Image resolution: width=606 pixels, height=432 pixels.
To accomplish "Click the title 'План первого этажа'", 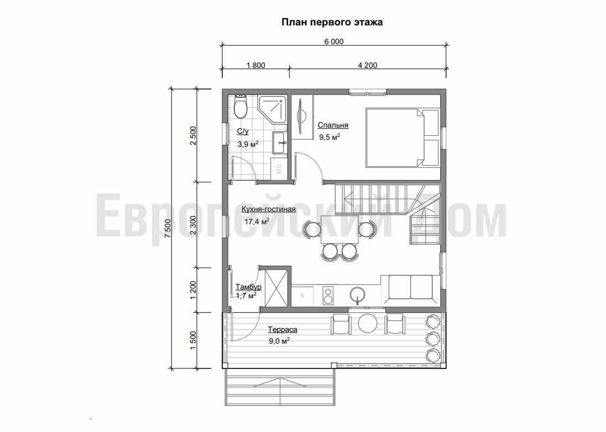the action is click(x=332, y=22).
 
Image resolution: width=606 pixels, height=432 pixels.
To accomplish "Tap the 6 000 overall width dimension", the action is click(x=334, y=41).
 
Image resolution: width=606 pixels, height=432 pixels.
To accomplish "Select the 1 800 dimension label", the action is click(x=256, y=65).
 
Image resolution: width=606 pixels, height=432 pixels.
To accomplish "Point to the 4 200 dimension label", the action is click(x=368, y=65).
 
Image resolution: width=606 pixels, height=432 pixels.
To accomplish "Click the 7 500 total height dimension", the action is click(x=168, y=229).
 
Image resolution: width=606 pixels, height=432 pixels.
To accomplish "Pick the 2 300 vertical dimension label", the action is click(x=193, y=225).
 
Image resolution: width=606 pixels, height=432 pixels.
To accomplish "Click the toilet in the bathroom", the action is click(x=241, y=107).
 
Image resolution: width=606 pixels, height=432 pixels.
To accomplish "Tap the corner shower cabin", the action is click(x=273, y=109).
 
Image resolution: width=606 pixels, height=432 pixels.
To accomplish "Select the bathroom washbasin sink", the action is click(x=280, y=143).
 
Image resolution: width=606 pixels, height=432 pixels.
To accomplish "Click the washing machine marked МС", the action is click(x=279, y=168).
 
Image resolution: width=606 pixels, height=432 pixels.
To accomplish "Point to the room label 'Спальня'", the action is click(x=333, y=125).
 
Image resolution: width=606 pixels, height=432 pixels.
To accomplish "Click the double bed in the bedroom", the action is click(x=403, y=138).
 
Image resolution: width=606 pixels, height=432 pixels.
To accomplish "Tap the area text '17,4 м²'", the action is click(x=257, y=222).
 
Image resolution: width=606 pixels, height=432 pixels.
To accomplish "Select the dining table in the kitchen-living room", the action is click(x=339, y=229).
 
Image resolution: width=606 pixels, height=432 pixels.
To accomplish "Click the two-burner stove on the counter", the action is click(x=328, y=296).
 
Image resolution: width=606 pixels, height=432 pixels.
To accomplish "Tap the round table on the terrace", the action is click(x=368, y=323).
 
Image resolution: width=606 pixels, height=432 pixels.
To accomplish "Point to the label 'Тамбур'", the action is click(x=248, y=287).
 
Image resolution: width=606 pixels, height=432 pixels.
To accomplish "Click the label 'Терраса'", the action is click(x=283, y=330).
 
